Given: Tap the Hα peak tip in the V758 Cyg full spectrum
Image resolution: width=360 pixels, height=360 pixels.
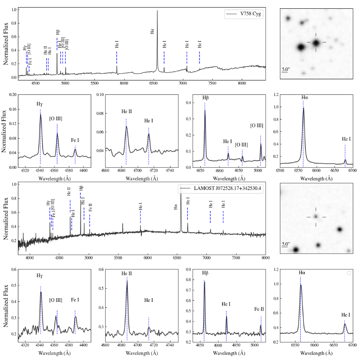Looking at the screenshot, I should point(157,11).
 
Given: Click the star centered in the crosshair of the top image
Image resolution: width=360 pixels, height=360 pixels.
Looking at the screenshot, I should point(316,42).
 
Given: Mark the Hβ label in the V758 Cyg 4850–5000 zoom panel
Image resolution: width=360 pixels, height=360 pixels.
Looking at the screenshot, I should point(205,98).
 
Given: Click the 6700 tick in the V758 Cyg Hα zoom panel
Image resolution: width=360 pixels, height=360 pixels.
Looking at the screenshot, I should point(352,171).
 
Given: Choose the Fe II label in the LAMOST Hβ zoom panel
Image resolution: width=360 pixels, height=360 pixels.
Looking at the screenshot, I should point(259,309).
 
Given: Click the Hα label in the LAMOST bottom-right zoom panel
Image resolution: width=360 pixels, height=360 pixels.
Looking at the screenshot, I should point(302,273).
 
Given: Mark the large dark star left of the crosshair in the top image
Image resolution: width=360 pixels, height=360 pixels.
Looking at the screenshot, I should point(301,47).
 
